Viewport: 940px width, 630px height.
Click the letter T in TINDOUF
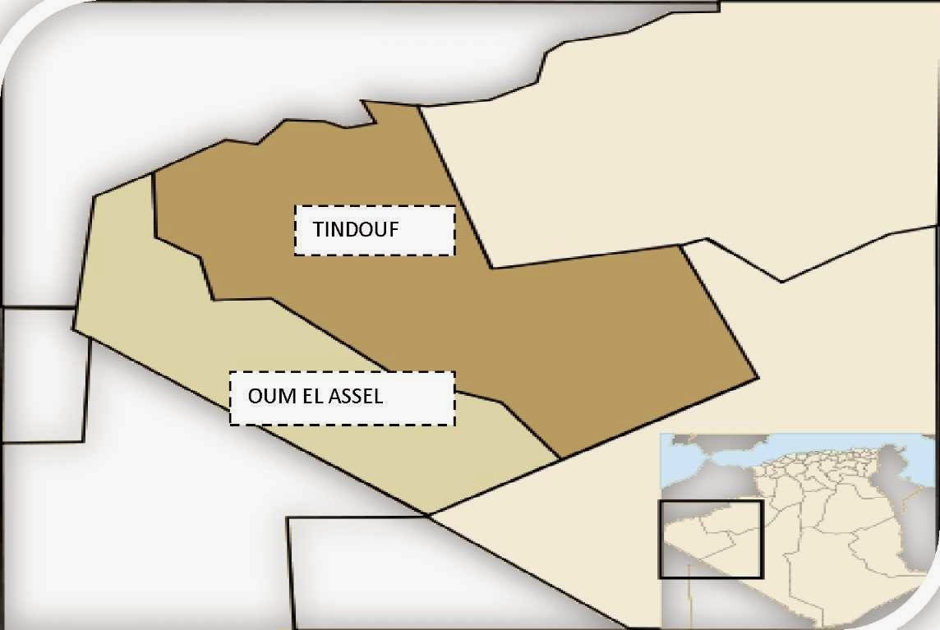coord(317,230)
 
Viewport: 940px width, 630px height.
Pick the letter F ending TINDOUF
coord(394,230)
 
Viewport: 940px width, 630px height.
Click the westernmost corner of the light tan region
coord(73,329)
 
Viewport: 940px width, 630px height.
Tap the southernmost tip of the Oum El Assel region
coord(428,515)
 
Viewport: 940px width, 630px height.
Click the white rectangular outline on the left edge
coord(45,375)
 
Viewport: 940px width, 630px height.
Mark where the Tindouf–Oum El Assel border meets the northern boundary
coord(154,174)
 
